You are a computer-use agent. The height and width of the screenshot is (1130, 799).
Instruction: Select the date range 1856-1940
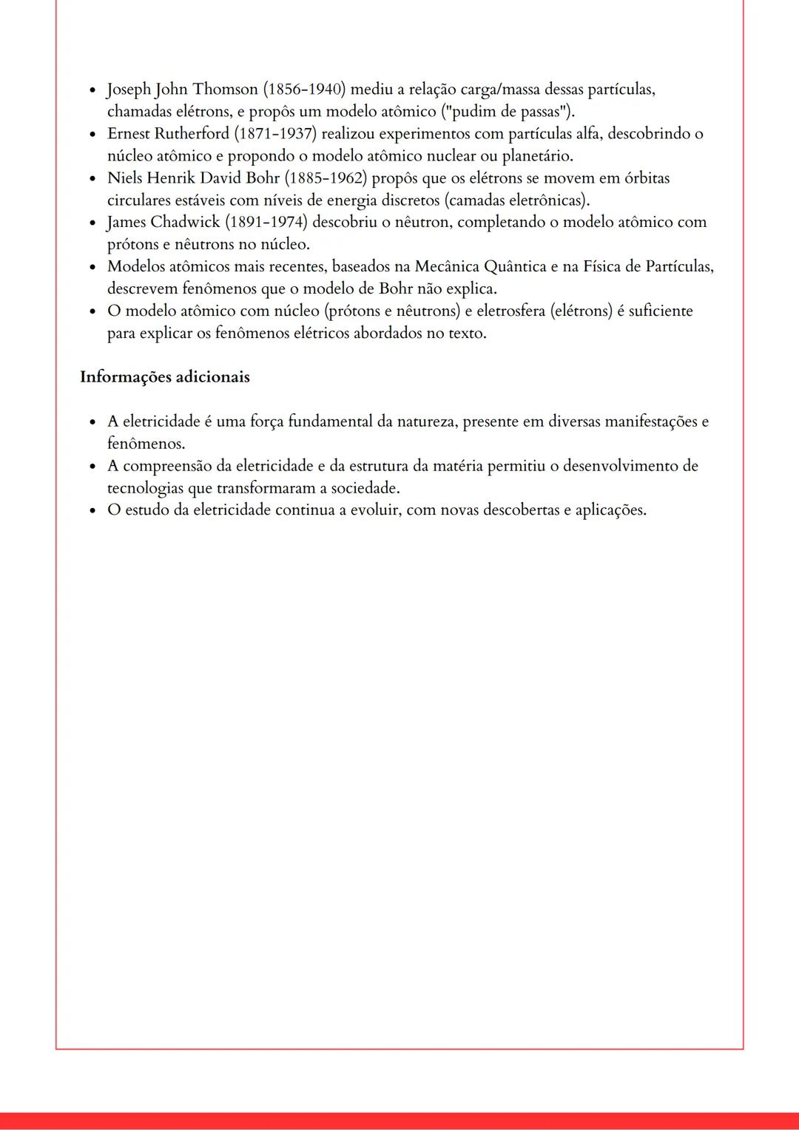[305, 89]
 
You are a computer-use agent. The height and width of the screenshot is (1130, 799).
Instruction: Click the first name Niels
[124, 178]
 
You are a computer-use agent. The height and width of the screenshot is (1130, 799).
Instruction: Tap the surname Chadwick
[185, 223]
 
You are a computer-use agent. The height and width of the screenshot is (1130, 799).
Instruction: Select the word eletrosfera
[510, 311]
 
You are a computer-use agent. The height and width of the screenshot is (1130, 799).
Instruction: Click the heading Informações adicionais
[165, 377]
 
